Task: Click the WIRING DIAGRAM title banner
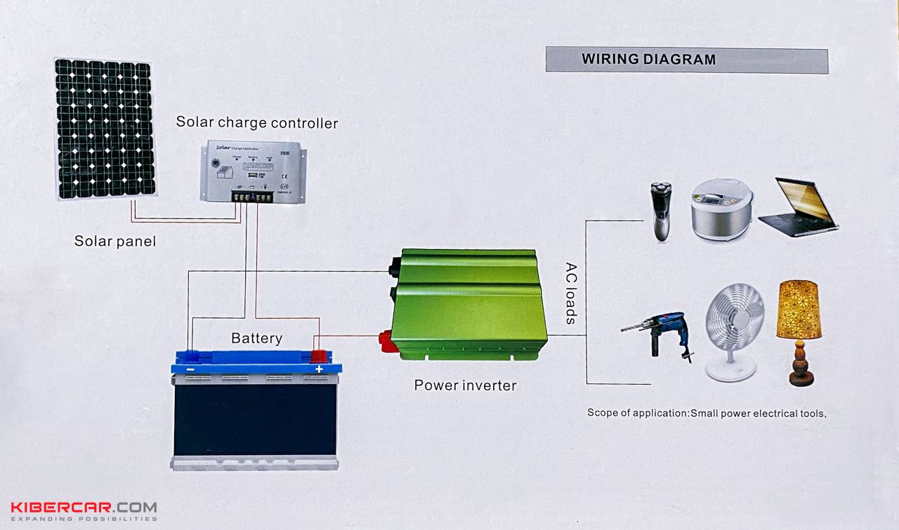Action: (686, 60)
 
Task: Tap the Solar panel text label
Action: (115, 241)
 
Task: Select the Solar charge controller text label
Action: (256, 122)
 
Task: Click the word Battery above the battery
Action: (256, 338)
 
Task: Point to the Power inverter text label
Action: (465, 385)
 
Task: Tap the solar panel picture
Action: (105, 128)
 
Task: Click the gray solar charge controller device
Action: (254, 171)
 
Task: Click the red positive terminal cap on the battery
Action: (319, 356)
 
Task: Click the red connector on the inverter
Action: (386, 341)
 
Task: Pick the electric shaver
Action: (660, 211)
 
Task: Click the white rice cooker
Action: (722, 209)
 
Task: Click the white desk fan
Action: (733, 331)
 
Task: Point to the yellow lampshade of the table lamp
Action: (799, 309)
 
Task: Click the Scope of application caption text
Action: (707, 413)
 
